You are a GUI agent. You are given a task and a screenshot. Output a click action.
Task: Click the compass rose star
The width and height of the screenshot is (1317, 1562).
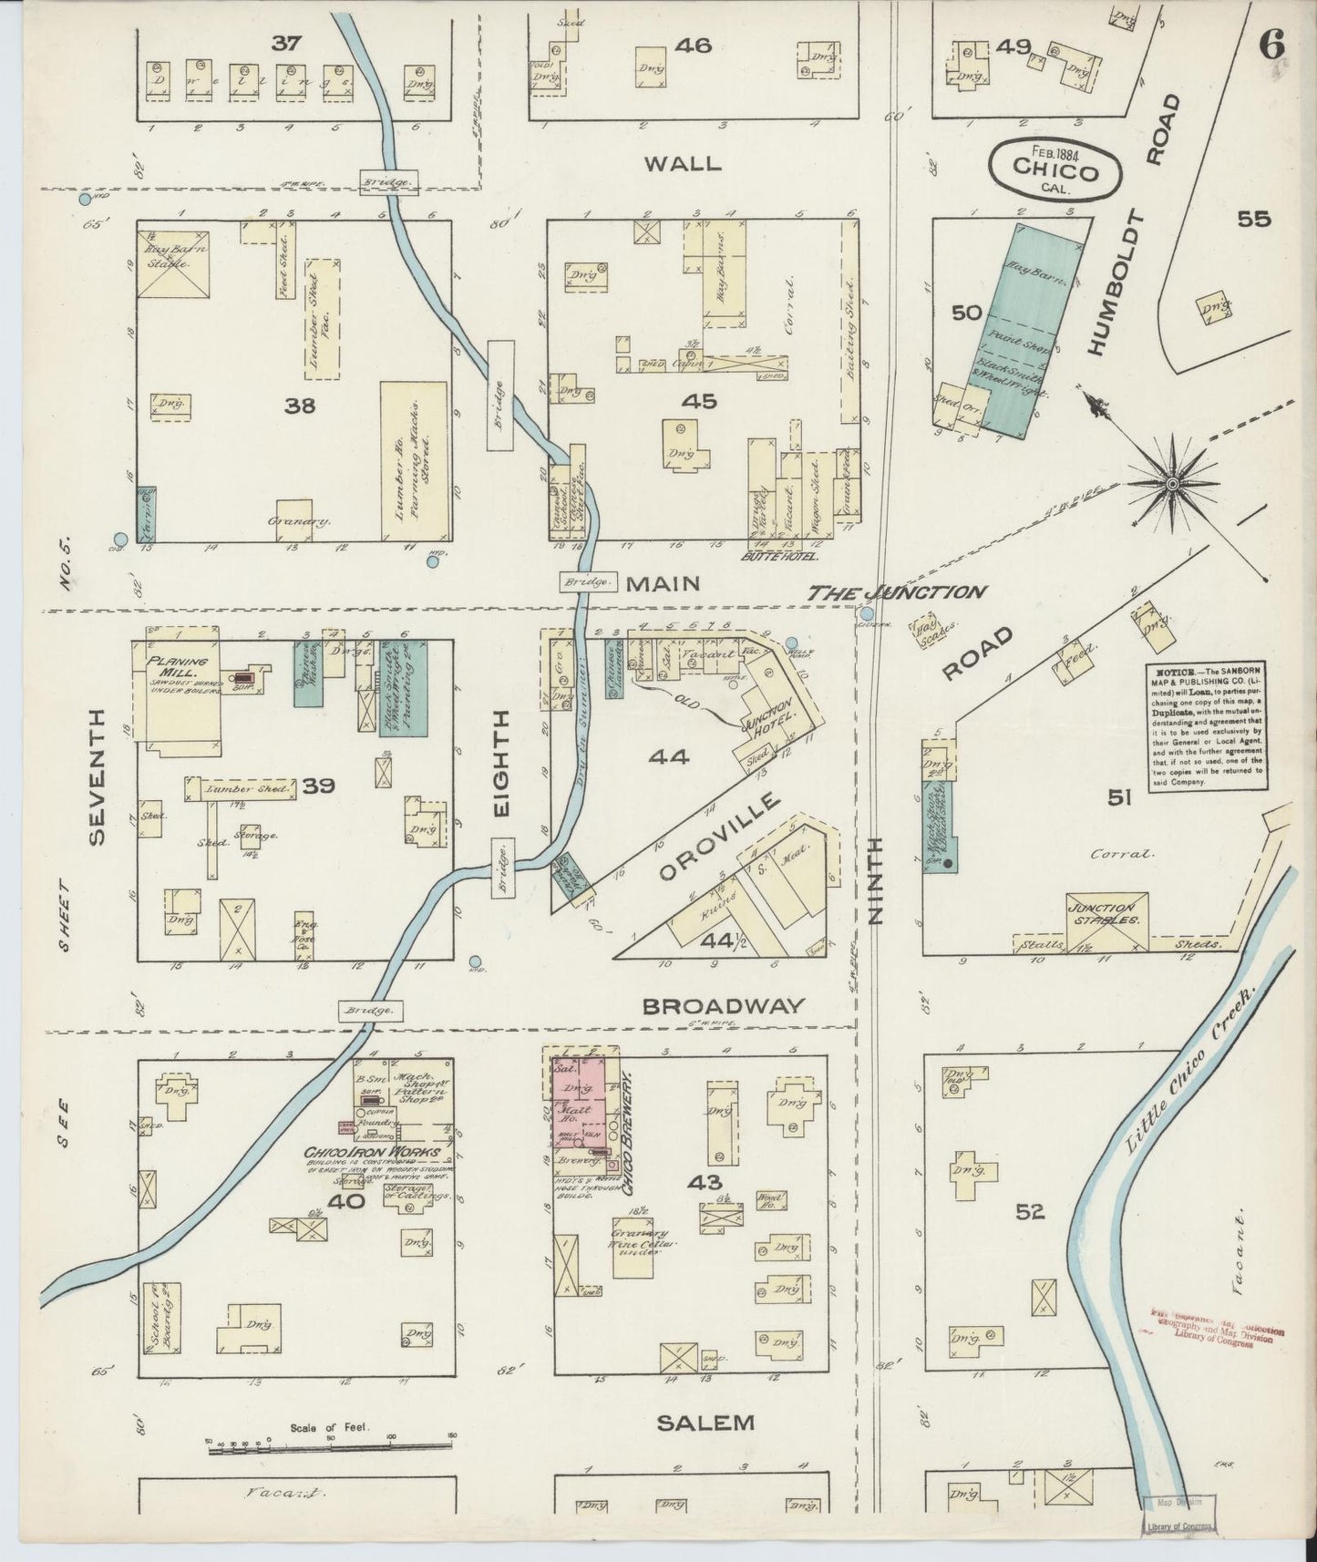point(1171,482)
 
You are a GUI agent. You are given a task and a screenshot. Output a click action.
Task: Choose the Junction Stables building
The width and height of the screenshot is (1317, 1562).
point(1106,914)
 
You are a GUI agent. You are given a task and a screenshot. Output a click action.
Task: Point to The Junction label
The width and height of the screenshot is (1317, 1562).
point(896,592)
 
